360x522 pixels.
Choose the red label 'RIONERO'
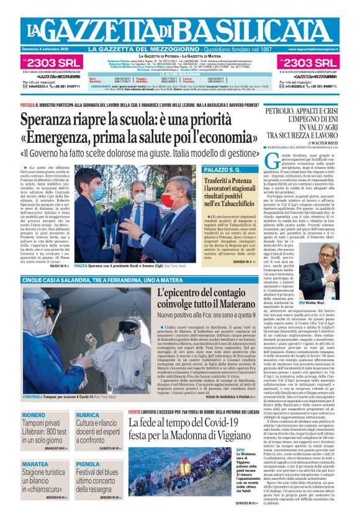(x=34, y=415)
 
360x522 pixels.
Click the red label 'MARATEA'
(x=35, y=464)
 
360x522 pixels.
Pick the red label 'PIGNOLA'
(x=88, y=464)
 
